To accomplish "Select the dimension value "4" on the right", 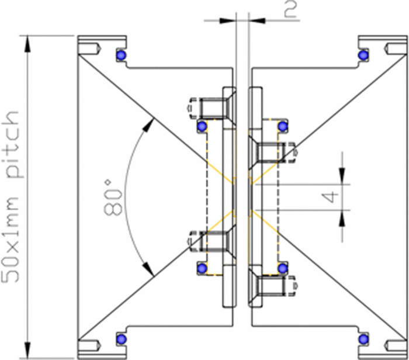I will coord(331,196).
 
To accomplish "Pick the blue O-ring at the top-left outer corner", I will coord(121,55).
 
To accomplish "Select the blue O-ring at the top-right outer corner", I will coord(363,55).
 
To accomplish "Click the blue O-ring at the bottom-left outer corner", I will coord(121,338).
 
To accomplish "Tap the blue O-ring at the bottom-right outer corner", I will coord(363,338).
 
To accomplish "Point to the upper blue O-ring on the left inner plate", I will coord(202,126).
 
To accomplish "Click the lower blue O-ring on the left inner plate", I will coord(202,268).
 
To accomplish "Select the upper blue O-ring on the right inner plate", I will coord(282,126).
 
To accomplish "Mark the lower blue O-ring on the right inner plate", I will coord(282,268).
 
